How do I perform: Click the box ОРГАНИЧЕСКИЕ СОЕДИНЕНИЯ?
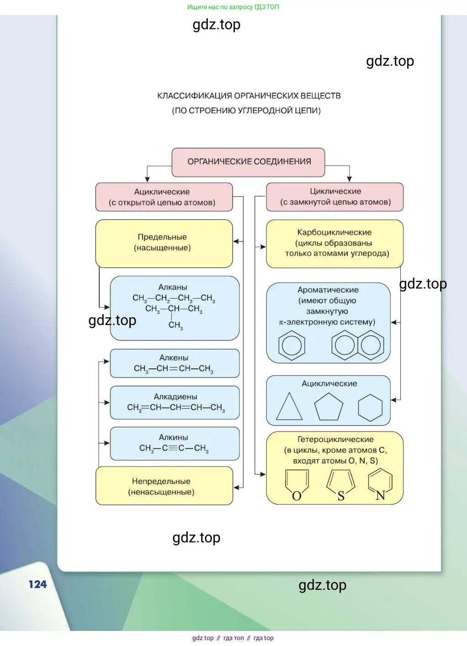(x=249, y=162)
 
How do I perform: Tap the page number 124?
(x=37, y=584)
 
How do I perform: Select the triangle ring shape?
(x=289, y=407)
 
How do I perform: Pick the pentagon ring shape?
(x=329, y=406)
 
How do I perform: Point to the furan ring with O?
(x=297, y=485)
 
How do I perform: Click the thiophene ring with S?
(x=340, y=485)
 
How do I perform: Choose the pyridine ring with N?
(x=380, y=485)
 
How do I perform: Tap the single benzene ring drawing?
(x=292, y=345)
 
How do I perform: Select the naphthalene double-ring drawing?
(x=358, y=345)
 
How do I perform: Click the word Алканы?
(x=173, y=287)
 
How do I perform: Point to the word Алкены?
(x=174, y=357)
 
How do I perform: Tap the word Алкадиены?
(x=175, y=397)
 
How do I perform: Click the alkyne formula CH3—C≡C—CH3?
(x=174, y=448)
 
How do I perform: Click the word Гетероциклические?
(x=335, y=439)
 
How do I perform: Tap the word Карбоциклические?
(x=334, y=232)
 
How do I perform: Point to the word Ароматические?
(x=328, y=290)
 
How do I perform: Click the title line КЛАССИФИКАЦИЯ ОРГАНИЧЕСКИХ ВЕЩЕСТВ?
(x=249, y=96)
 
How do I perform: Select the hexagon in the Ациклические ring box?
(x=370, y=407)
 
